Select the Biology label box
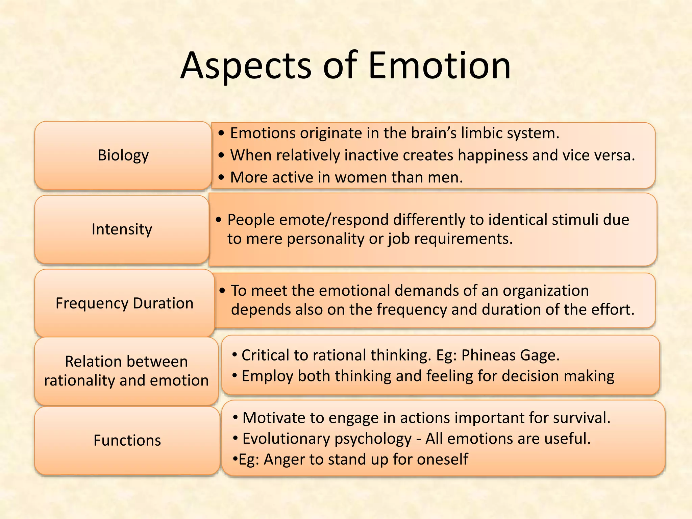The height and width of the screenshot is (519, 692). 123,155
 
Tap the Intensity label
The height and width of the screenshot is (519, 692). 122,229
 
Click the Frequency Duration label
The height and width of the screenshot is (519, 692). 124,303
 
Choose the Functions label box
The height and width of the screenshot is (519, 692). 127,440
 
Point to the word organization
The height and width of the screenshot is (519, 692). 546,291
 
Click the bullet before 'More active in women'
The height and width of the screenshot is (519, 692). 221,177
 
